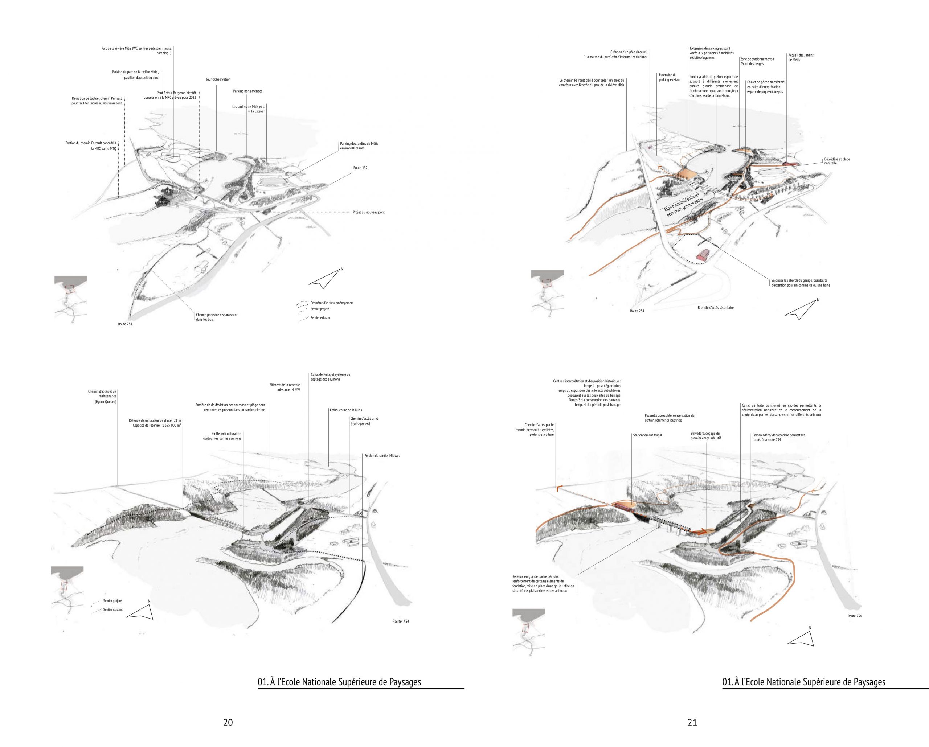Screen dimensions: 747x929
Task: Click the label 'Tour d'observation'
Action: click(x=218, y=79)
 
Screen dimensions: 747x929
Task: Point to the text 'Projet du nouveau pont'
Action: click(x=368, y=212)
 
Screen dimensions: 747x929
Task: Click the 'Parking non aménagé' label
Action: click(x=248, y=91)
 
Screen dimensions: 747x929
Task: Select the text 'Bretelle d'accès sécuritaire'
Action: click(x=715, y=308)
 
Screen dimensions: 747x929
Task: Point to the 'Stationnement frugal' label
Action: click(x=647, y=435)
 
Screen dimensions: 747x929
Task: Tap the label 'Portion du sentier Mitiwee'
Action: click(x=382, y=455)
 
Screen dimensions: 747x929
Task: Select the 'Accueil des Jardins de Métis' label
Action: click(x=801, y=57)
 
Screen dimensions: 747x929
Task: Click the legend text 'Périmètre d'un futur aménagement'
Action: click(x=332, y=303)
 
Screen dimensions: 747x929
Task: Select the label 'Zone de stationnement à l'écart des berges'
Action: click(x=757, y=61)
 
